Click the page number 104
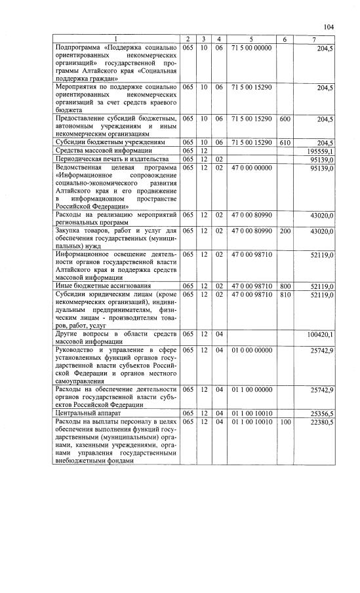tap(329, 27)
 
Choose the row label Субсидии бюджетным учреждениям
tap(108, 142)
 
